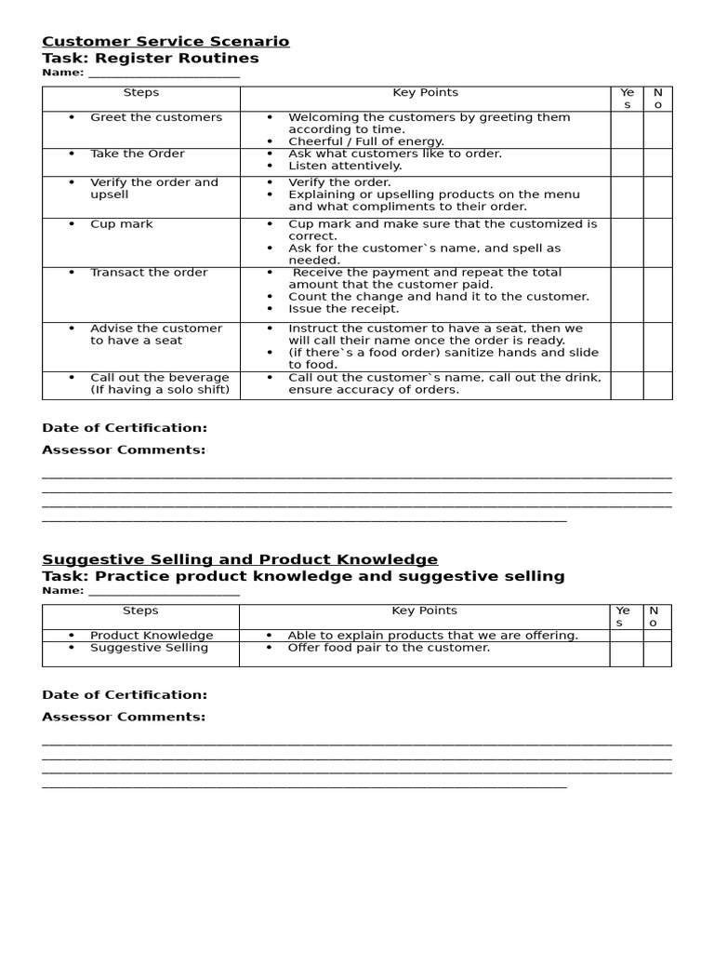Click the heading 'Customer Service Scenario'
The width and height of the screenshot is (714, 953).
coord(165,41)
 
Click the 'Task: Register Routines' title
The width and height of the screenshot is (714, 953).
coord(151,59)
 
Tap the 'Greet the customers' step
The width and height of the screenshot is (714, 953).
coord(155,117)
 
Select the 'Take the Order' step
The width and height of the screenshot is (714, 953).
coord(137,154)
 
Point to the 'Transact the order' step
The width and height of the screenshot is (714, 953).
coord(149,273)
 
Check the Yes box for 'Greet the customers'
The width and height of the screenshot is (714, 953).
coord(627,129)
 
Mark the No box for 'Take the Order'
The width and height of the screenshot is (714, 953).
coord(657,162)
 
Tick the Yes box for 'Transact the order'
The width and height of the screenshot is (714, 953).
coord(627,294)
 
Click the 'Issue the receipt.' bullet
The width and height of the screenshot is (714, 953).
coord(343,309)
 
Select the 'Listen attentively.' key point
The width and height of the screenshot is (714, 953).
coord(345,166)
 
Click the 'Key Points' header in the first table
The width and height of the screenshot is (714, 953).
coord(425,93)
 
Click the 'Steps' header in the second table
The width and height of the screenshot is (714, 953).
coord(140,611)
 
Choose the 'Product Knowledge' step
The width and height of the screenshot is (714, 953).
coord(152,636)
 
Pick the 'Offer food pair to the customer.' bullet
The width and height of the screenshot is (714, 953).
coord(388,648)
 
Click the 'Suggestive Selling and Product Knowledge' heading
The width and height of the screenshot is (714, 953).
coord(240,559)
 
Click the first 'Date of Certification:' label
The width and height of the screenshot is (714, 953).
coord(125,428)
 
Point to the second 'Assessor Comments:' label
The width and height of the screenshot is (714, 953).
coord(124,717)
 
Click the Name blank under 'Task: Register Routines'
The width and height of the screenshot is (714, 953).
coord(164,74)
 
